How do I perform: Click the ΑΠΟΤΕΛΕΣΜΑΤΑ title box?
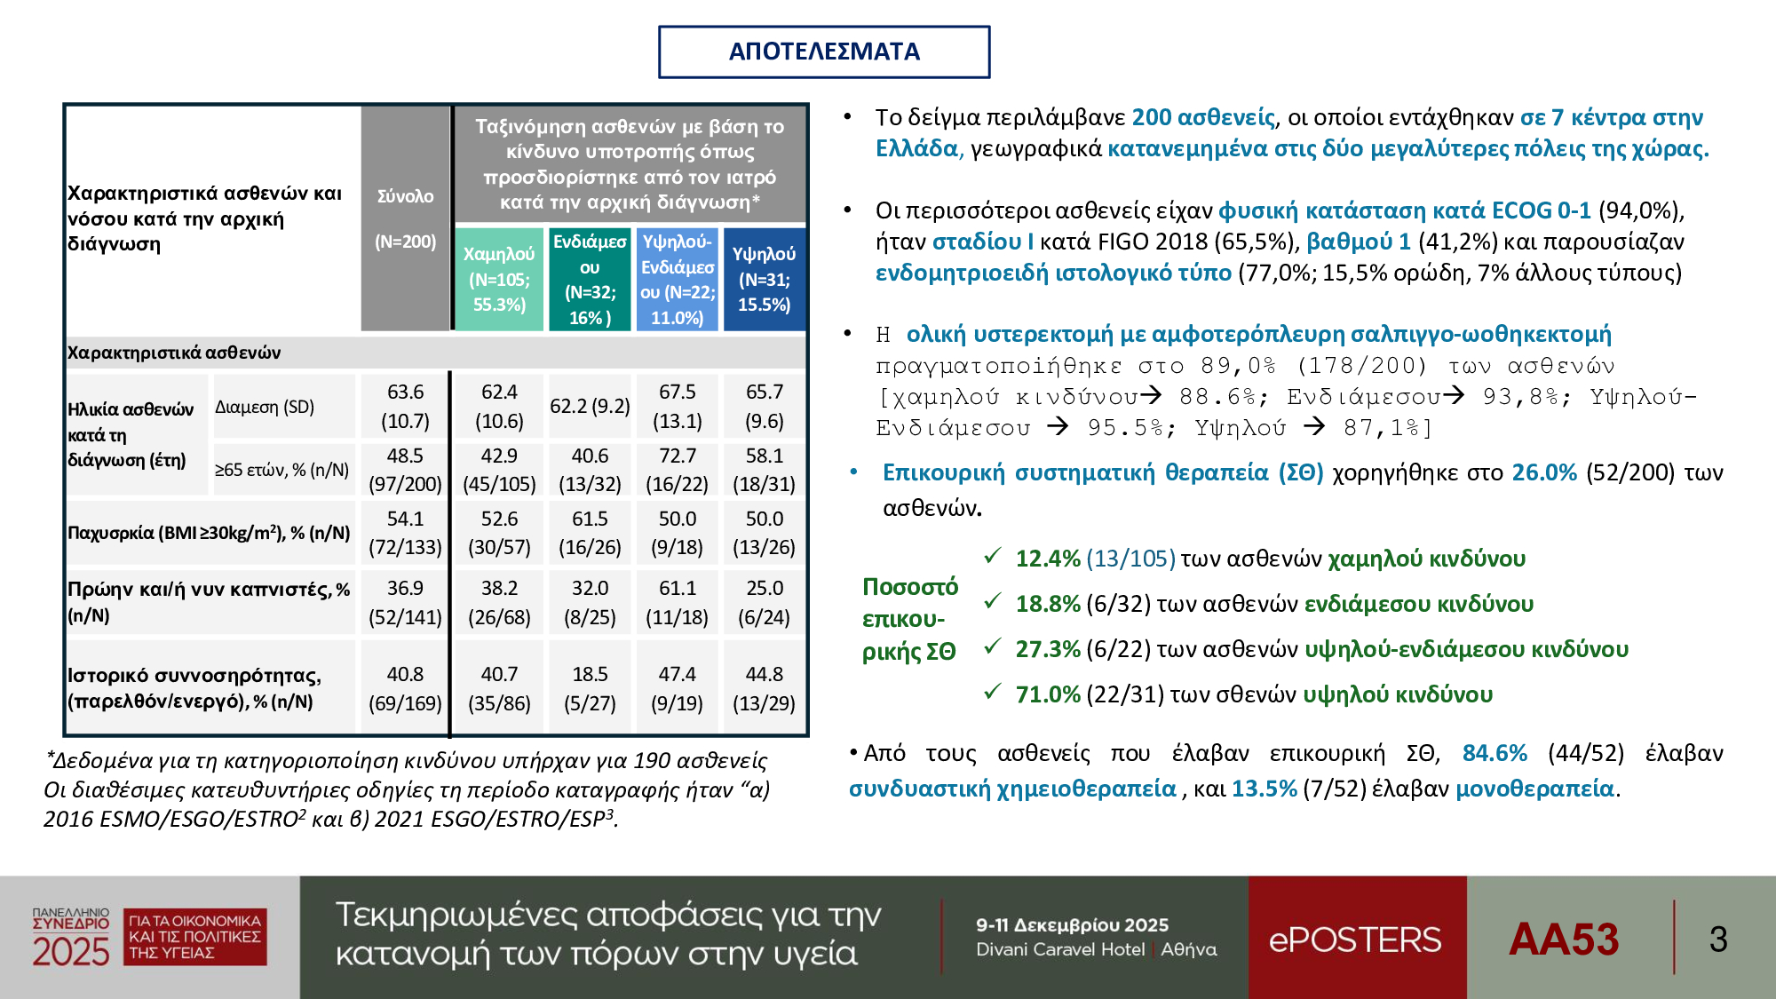[824, 52]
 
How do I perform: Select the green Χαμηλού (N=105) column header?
[499, 279]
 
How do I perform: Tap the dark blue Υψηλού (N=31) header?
[764, 279]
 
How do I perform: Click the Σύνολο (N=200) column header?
[406, 218]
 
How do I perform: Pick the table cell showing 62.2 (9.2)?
[590, 406]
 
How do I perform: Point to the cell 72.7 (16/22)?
[678, 470]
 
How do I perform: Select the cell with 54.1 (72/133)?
[406, 533]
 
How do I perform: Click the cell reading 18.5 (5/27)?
[590, 688]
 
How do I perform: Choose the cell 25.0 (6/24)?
[764, 602]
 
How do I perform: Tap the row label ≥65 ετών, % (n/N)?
[282, 470]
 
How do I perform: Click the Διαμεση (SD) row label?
[265, 407]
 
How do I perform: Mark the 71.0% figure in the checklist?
[1048, 694]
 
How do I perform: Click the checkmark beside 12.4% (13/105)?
[993, 556]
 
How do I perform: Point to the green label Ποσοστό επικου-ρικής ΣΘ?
[910, 619]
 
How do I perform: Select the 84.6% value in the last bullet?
[1495, 753]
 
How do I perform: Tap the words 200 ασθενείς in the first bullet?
[1203, 117]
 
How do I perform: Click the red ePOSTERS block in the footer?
[1357, 938]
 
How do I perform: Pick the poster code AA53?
[1564, 939]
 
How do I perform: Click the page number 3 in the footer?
[1718, 939]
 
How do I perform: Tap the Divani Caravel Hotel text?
[1060, 949]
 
